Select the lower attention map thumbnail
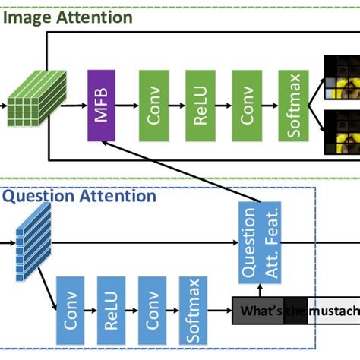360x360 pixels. pyautogui.click(x=341, y=129)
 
